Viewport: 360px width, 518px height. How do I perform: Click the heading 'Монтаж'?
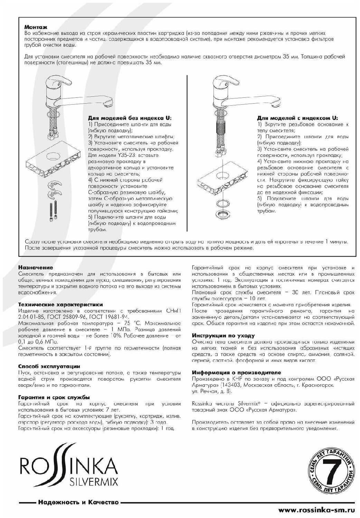36,27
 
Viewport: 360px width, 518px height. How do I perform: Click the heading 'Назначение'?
36,267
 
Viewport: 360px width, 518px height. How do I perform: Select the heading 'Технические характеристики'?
60,305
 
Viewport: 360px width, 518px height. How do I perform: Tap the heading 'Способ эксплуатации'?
49,366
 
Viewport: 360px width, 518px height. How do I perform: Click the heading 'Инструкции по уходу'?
223,335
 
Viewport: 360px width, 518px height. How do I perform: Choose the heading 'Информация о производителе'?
236,373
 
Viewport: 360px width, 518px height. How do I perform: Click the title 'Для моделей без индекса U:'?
130,118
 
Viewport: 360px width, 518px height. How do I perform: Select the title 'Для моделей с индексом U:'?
297,118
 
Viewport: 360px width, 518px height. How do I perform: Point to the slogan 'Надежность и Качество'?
78,502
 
